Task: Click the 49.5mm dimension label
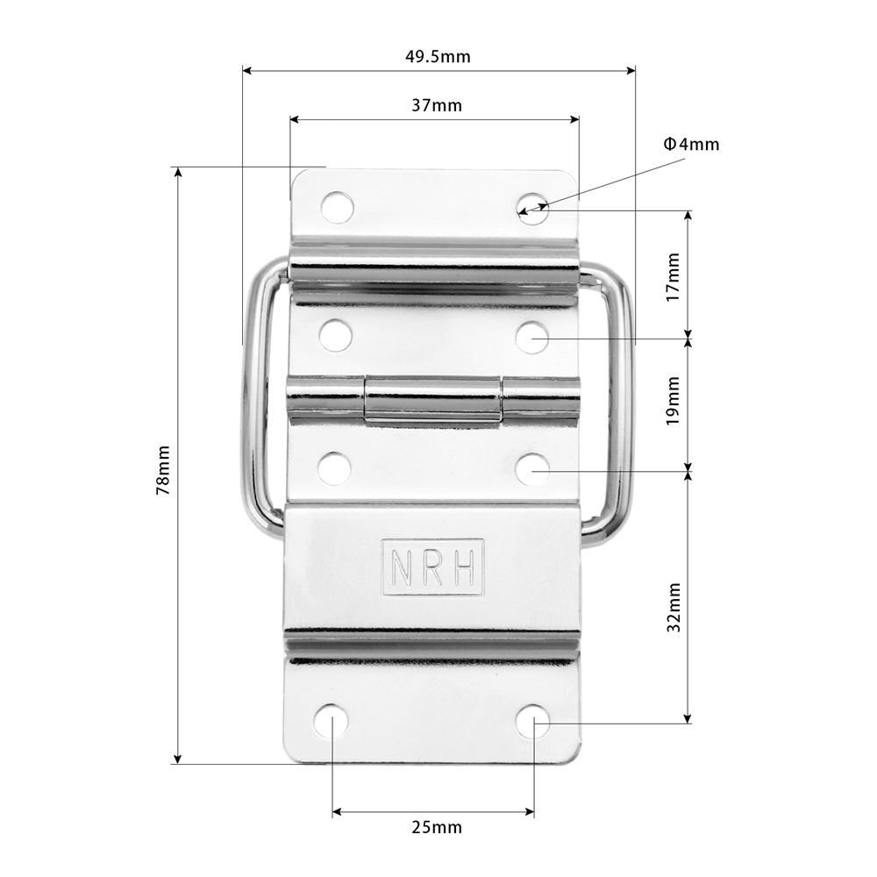coord(438,56)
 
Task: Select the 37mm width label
coord(437,105)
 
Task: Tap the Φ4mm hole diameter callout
coord(691,145)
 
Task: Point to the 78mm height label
coord(163,470)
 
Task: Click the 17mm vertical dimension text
coord(673,277)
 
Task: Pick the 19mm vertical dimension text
coord(673,401)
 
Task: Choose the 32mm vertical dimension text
coord(674,608)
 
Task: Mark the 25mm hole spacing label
coord(437,827)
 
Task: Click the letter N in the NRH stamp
coord(402,567)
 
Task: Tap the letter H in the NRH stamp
coord(466,567)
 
